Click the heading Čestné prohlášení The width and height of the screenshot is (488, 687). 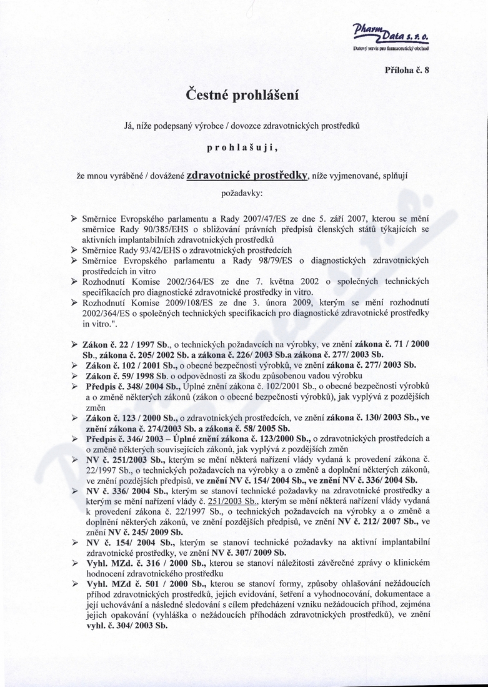click(x=244, y=95)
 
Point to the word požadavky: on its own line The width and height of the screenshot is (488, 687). click(x=243, y=194)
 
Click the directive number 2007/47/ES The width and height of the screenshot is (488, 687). click(x=282, y=219)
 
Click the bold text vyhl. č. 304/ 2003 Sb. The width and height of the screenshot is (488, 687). click(x=126, y=625)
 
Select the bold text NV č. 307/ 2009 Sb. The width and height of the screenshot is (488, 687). click(x=247, y=553)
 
